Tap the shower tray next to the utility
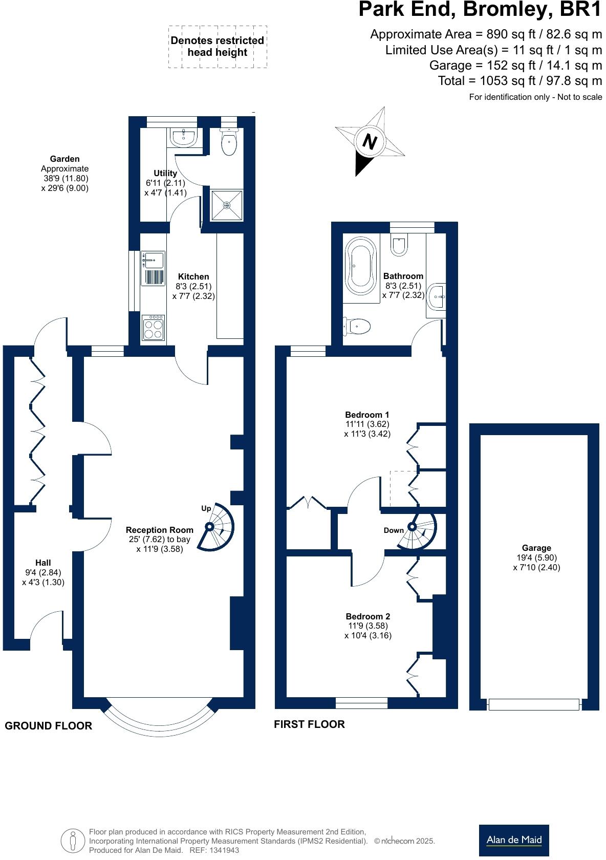(227, 205)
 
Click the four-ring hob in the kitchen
(153, 328)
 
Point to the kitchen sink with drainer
(153, 268)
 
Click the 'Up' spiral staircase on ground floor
(217, 527)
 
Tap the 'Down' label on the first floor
(394, 530)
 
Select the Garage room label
(536, 548)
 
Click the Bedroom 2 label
(367, 616)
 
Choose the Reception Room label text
(160, 530)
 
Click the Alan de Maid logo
(513, 840)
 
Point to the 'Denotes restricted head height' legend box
(218, 47)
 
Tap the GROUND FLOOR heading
(48, 725)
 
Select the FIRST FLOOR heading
(309, 724)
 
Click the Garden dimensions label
(65, 174)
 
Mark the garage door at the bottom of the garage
(534, 705)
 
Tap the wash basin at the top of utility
(183, 137)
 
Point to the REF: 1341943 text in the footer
(214, 850)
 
